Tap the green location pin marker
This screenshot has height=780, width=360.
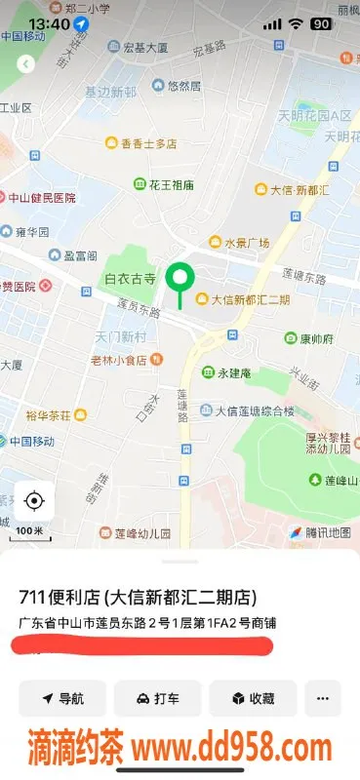click(179, 279)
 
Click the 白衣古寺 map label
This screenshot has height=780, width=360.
click(131, 279)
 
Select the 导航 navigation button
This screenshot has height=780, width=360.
click(62, 698)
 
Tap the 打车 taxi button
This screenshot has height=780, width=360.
click(157, 698)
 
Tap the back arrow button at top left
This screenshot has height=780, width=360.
click(26, 63)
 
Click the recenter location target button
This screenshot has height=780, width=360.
click(34, 501)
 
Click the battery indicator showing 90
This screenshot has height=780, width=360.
click(320, 23)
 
